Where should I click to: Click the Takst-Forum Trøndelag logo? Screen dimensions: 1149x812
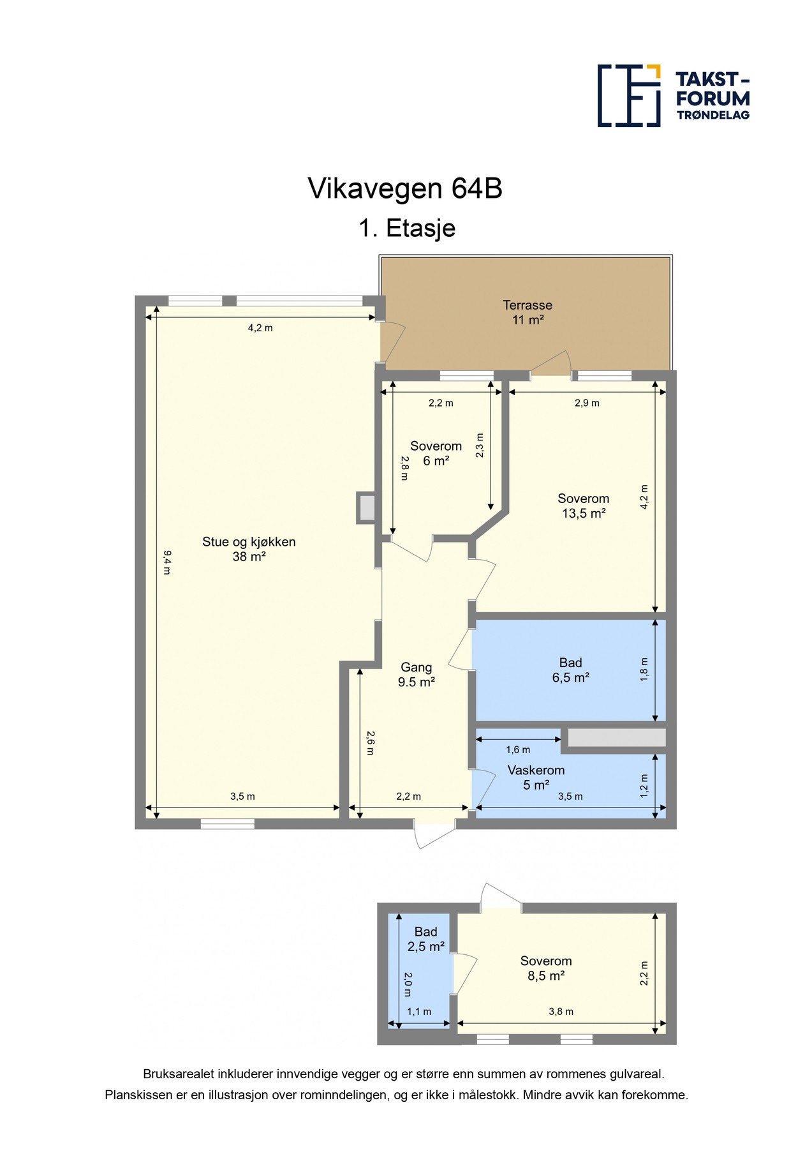click(673, 96)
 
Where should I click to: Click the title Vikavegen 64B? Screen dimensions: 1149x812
click(405, 189)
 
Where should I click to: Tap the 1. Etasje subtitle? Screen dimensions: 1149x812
click(406, 228)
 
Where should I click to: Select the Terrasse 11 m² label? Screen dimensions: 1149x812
click(527, 313)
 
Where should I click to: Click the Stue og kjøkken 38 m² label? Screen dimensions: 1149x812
click(249, 549)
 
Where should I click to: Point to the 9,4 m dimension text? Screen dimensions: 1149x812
click(166, 562)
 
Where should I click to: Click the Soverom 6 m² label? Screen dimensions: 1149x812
click(436, 453)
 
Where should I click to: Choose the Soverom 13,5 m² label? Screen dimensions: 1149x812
click(583, 506)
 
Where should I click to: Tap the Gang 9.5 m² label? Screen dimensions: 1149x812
click(416, 675)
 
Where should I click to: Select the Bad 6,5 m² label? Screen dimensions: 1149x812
click(570, 670)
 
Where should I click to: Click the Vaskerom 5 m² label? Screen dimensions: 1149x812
click(536, 777)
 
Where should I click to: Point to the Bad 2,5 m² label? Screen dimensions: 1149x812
click(425, 939)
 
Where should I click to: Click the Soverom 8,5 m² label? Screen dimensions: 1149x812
click(545, 968)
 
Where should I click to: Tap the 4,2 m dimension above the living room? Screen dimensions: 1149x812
click(260, 328)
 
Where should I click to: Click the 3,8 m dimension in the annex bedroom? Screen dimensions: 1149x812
click(561, 1011)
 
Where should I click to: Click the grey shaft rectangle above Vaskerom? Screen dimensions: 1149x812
click(616, 738)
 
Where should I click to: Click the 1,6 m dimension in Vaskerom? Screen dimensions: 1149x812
click(518, 750)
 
